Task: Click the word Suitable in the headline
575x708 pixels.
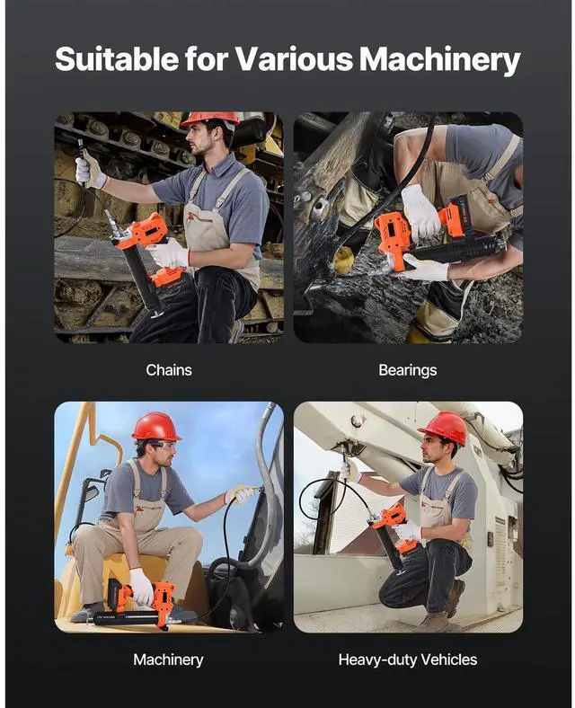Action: click(x=117, y=58)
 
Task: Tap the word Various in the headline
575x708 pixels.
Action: click(x=294, y=58)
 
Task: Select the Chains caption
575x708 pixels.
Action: click(x=169, y=370)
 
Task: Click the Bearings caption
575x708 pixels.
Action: click(x=408, y=370)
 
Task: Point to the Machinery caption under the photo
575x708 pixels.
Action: click(x=168, y=659)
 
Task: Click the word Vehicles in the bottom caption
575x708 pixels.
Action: click(x=448, y=659)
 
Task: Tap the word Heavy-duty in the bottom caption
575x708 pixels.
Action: click(x=377, y=660)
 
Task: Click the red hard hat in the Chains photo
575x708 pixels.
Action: click(x=210, y=119)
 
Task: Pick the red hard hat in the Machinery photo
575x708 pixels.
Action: click(x=155, y=426)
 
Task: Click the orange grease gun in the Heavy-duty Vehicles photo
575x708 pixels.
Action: click(x=392, y=535)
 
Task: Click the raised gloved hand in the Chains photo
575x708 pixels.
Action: click(x=90, y=170)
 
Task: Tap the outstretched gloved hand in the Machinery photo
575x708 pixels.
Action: click(x=238, y=494)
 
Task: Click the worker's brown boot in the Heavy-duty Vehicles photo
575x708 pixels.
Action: click(x=455, y=597)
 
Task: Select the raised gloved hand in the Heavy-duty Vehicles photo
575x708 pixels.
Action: click(x=350, y=471)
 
